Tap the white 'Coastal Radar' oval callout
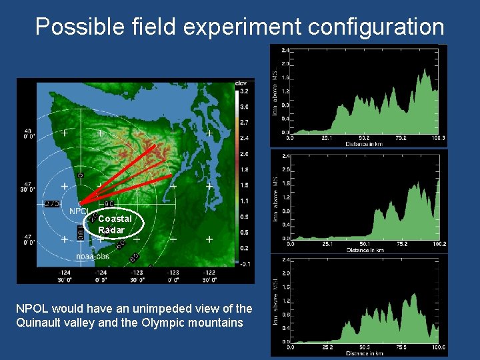[115, 224]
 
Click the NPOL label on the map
[78, 211]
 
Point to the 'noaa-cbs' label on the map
[92, 256]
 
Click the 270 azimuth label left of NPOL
[51, 203]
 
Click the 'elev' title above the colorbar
[241, 83]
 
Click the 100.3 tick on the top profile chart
[437, 138]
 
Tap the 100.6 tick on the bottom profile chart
[438, 347]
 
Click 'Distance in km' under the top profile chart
[364, 143]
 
